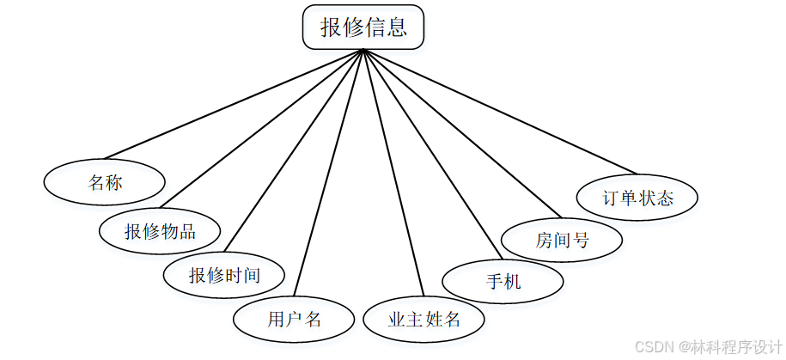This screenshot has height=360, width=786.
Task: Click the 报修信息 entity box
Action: tap(363, 27)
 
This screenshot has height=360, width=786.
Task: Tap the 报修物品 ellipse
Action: tap(160, 231)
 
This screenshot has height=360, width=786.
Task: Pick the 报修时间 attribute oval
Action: tap(224, 276)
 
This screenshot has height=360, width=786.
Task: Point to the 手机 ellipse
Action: tap(503, 280)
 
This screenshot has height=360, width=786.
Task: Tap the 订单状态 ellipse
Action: tap(637, 198)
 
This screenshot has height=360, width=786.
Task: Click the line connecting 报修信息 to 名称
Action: tap(232, 107)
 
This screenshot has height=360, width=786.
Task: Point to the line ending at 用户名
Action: tap(329, 173)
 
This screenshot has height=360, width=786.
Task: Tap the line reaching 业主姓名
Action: tap(393, 173)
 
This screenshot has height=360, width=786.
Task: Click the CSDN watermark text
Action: tap(704, 345)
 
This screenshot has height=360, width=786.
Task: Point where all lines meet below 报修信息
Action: tap(363, 50)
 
